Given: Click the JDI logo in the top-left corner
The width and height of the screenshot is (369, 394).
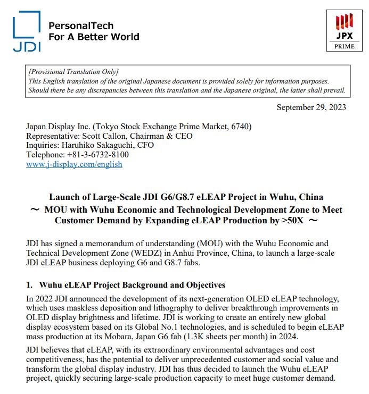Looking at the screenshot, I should tap(27, 31).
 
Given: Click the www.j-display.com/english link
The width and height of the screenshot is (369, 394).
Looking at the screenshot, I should tap(74, 164).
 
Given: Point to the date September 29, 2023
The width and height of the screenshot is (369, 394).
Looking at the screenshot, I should tap(311, 108).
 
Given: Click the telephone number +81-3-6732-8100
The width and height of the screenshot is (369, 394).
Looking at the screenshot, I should tap(97, 155).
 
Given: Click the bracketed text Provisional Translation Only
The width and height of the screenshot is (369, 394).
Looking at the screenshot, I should tap(73, 72).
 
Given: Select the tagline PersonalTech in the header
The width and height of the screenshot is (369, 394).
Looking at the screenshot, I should tap(80, 26).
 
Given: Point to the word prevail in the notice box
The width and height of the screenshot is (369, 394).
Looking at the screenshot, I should tap(333, 90).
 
